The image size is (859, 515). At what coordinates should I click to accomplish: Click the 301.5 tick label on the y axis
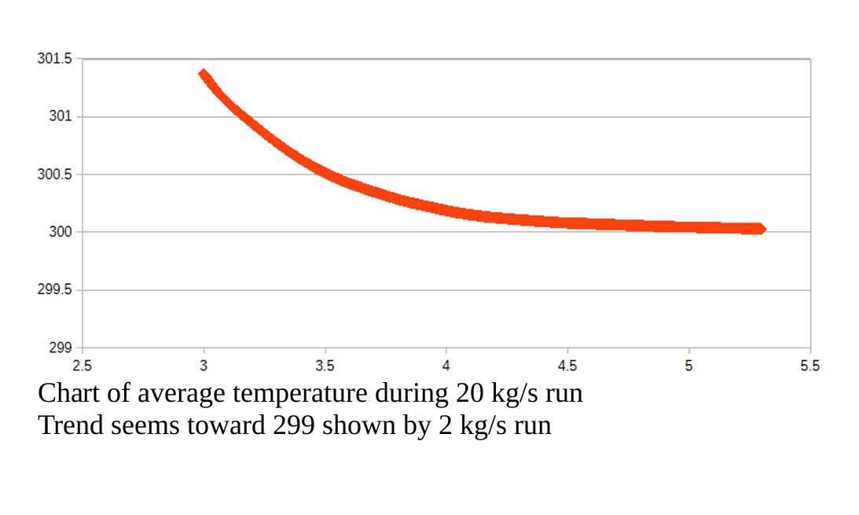tap(54, 59)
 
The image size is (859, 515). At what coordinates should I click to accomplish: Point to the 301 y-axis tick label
tap(60, 116)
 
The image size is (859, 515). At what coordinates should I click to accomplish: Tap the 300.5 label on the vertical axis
tap(54, 175)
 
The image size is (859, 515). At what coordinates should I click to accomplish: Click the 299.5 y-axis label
tap(54, 290)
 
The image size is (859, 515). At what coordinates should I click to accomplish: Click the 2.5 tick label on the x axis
tap(82, 366)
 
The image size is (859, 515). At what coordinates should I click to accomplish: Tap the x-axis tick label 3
tap(204, 366)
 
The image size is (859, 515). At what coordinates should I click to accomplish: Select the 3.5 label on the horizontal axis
tap(325, 366)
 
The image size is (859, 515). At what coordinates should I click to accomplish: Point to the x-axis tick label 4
tap(446, 366)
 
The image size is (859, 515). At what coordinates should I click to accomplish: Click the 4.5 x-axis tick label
tap(567, 366)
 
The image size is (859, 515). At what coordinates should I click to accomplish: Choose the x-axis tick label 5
tap(688, 366)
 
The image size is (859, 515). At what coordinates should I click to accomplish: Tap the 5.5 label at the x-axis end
tap(809, 366)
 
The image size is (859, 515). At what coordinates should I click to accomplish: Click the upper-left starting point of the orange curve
tap(204, 75)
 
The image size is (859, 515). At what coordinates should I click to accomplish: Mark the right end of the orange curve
tap(760, 229)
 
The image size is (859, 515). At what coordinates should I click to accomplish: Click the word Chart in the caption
tap(68, 392)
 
